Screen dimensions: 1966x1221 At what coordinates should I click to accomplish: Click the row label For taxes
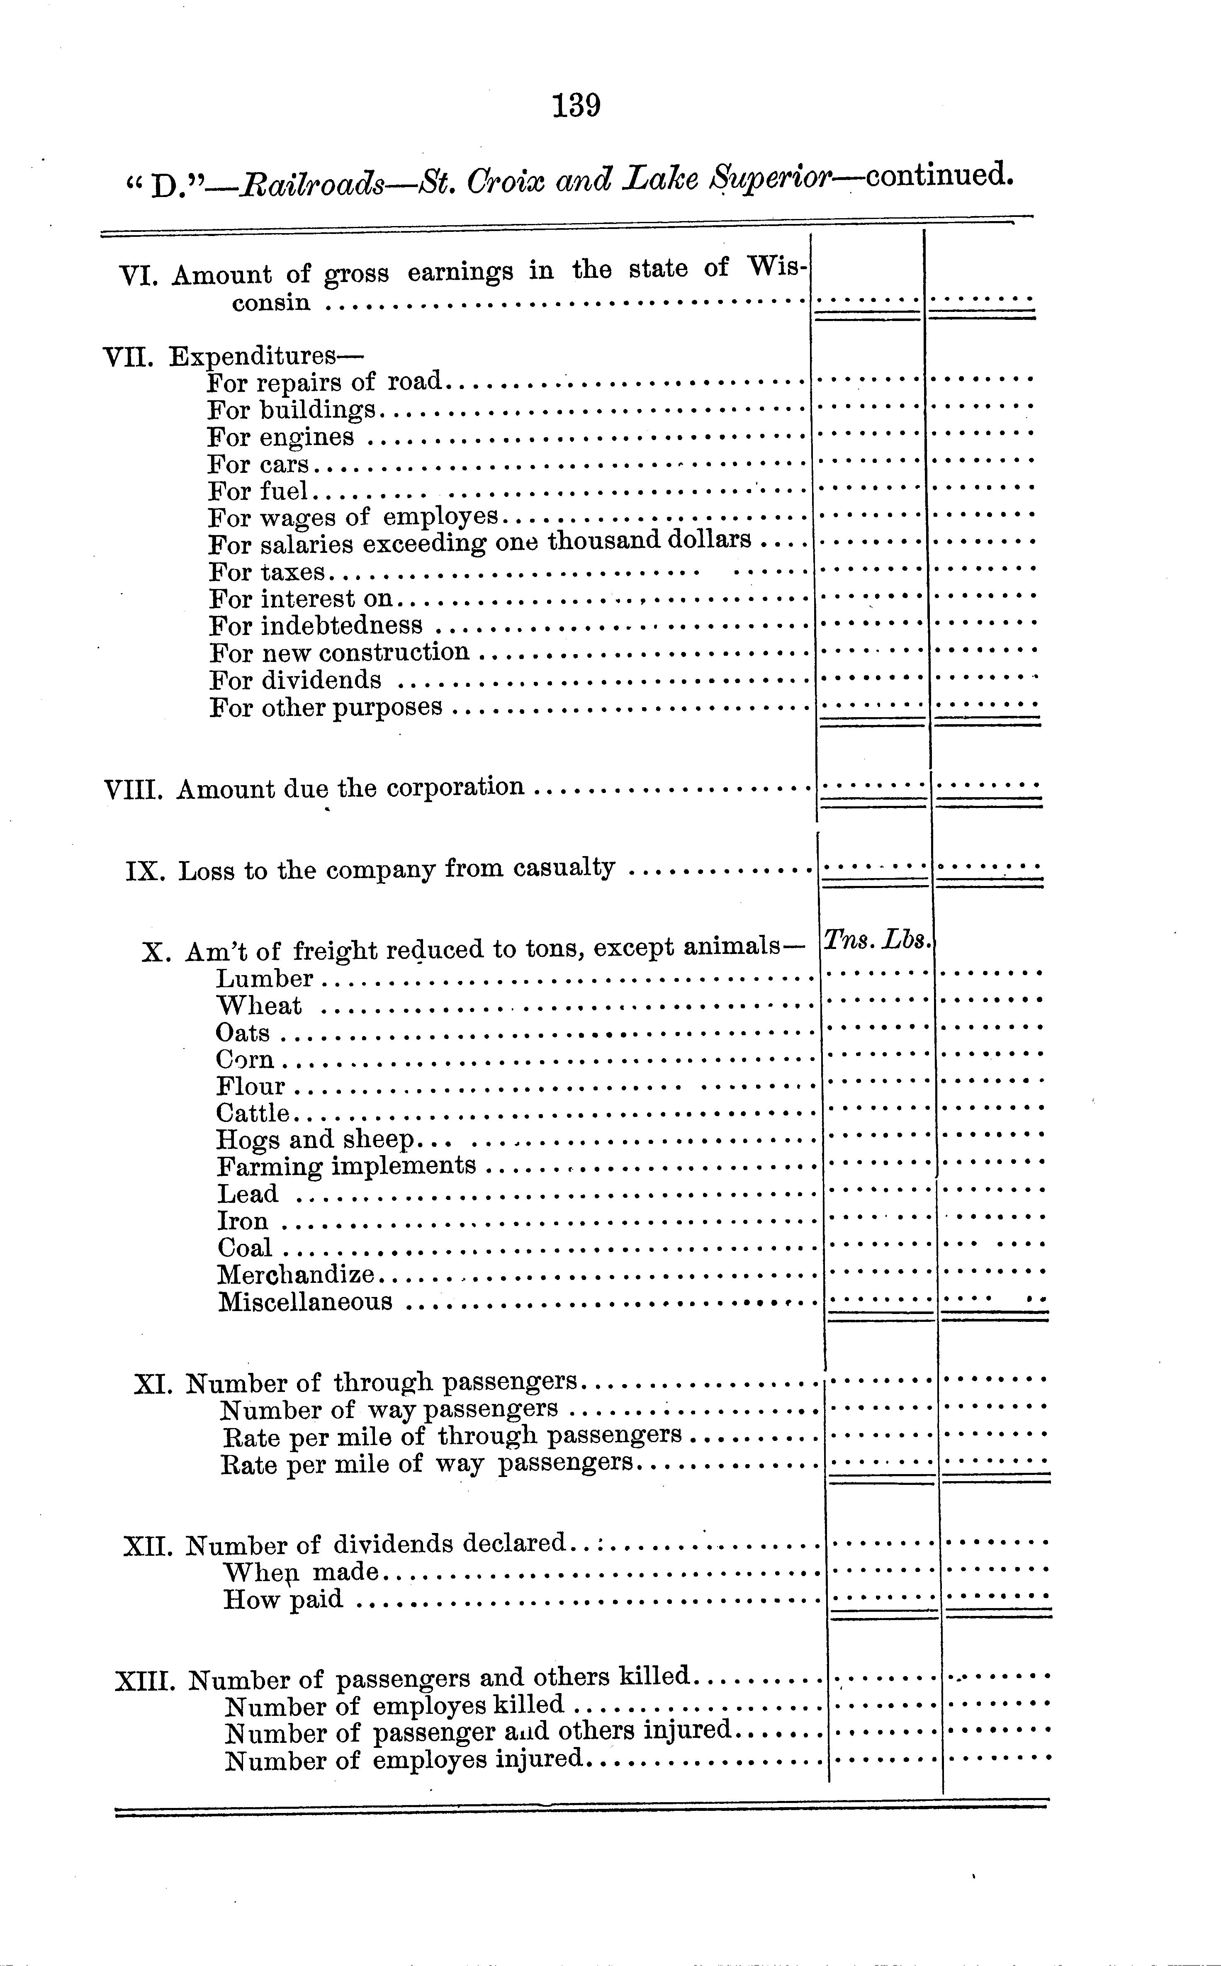pyautogui.click(x=267, y=572)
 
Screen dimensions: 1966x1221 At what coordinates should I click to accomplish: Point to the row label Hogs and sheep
pyautogui.click(x=315, y=1140)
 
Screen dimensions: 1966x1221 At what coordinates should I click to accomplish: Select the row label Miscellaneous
pyautogui.click(x=305, y=1302)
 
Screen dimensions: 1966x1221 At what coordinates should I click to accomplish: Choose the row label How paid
pyautogui.click(x=282, y=1599)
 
